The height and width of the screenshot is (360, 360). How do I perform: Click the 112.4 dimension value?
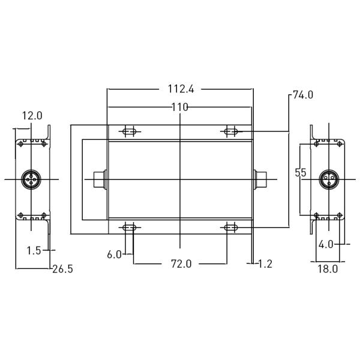[180, 89]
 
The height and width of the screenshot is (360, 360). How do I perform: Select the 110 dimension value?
[179, 107]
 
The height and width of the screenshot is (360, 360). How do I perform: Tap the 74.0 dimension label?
[303, 95]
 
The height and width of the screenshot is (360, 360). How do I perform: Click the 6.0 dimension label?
[115, 254]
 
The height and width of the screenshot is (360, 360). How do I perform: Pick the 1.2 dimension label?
[264, 263]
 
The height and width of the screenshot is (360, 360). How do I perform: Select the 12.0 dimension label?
[32, 115]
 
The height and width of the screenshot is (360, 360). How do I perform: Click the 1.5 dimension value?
[34, 250]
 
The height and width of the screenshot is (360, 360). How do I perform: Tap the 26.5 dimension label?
[62, 269]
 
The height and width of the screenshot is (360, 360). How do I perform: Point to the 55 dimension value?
[301, 172]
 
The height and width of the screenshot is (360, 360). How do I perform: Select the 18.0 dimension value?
[327, 269]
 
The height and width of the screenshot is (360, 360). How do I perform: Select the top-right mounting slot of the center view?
[231, 131]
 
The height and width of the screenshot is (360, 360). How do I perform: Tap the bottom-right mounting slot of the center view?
[231, 227]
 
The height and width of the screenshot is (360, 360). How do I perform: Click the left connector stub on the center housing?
[100, 179]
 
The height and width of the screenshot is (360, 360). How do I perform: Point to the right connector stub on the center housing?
[260, 179]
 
